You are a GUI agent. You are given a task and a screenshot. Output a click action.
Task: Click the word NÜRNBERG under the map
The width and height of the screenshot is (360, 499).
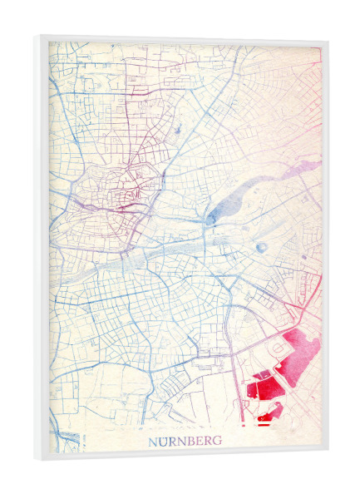pos(185,441)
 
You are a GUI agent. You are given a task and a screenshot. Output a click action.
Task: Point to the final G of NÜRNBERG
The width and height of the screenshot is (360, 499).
pos(217,441)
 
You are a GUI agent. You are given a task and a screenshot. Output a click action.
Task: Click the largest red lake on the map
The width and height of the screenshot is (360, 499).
pos(300,348)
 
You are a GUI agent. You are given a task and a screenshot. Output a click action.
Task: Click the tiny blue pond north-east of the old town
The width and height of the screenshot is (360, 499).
pos(178,130)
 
